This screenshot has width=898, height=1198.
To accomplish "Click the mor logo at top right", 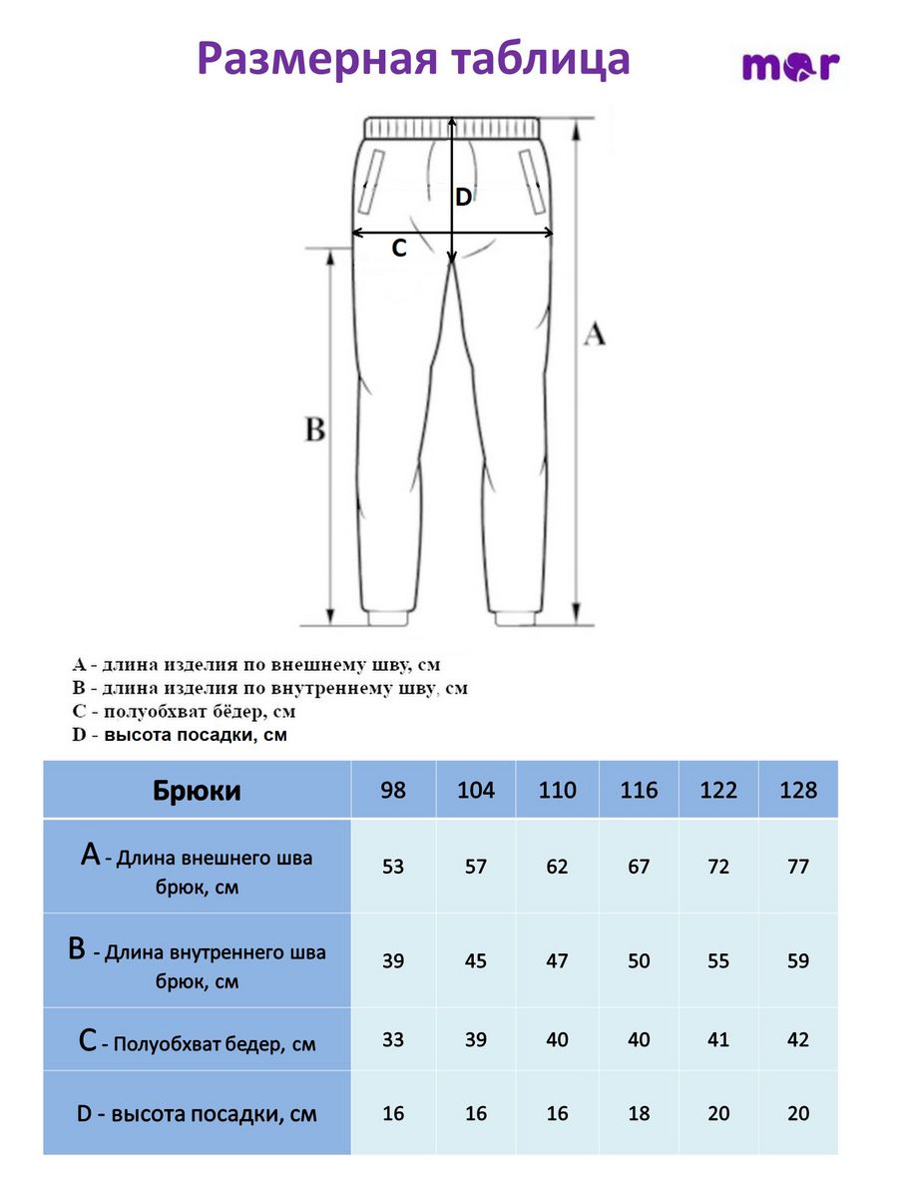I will point(790,67).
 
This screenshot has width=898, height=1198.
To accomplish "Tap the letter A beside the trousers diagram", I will point(594,334).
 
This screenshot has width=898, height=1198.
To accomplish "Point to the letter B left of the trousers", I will point(314,430).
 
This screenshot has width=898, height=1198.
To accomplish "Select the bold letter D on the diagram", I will point(463,198).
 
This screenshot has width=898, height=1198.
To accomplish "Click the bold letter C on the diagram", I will point(399,249).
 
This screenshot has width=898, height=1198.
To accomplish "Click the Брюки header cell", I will point(197,791).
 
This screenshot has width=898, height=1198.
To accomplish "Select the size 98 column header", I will point(393,791).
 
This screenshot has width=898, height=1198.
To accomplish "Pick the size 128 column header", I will point(798,791).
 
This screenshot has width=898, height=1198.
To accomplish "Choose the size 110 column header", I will point(557,791).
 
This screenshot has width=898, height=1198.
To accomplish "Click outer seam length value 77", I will point(798,867).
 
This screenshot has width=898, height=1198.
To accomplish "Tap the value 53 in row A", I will point(393,867).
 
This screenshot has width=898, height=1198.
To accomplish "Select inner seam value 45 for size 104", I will point(476,960).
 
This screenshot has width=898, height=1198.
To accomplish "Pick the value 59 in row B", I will point(798,960).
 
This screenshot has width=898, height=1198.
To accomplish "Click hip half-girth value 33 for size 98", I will point(393,1039).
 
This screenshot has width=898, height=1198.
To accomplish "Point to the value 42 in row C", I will point(798,1039).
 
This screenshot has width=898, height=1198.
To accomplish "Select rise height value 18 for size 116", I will point(639,1113).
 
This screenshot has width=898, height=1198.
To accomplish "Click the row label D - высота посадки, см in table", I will point(197,1113).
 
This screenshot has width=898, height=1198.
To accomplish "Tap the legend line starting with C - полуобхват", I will point(185,712).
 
